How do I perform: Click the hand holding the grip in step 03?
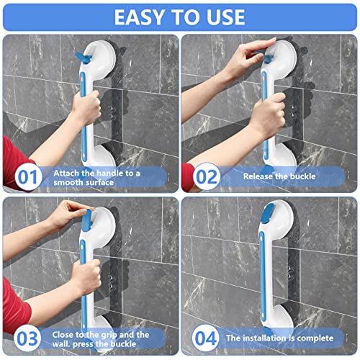coord(86,274)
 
